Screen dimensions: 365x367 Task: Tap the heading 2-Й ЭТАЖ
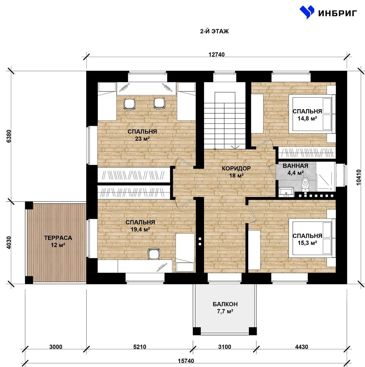coord(215,31)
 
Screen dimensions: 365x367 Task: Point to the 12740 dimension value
coord(217,54)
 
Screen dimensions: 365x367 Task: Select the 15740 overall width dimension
coord(186,361)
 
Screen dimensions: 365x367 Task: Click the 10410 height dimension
coord(359,177)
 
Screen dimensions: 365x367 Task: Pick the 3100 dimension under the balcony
coord(224,347)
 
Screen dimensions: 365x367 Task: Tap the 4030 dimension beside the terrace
coord(8,243)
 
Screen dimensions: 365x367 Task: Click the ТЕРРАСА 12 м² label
coord(58,241)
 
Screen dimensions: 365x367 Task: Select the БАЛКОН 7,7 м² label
coord(225,308)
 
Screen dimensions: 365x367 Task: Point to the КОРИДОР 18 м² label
coord(236,172)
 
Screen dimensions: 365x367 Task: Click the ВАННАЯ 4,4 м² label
coord(295,169)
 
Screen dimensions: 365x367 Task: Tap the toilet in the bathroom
coord(305,185)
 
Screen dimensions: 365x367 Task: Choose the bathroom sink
coord(286,191)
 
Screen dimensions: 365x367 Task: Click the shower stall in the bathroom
coord(326,176)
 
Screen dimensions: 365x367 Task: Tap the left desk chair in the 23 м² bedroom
coord(129,104)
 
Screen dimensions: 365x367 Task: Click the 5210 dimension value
coord(140,347)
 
